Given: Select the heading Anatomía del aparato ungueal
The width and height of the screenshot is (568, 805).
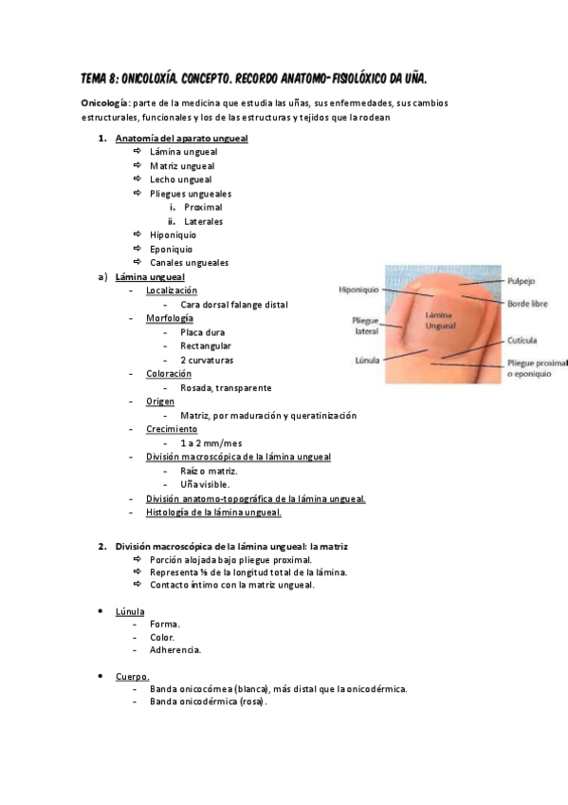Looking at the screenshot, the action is (x=181, y=139).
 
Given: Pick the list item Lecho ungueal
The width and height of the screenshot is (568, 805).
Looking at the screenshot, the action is (x=181, y=179).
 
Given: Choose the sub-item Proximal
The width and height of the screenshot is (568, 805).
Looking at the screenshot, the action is (x=204, y=207).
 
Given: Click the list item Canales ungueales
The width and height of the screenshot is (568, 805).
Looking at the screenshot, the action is (x=189, y=262).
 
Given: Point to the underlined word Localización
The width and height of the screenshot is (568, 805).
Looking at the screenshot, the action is (x=172, y=290).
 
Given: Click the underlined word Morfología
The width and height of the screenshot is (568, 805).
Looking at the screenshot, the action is (x=170, y=318).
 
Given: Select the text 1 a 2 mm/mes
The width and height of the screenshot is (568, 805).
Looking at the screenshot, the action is (x=211, y=443).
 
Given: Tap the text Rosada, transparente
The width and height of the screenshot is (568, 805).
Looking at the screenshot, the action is (x=226, y=387).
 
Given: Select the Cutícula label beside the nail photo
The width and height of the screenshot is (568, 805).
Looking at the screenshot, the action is (x=522, y=339).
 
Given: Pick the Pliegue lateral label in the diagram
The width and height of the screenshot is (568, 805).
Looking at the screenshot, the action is (x=365, y=326).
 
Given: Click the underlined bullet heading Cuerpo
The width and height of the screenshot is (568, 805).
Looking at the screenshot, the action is (x=133, y=676).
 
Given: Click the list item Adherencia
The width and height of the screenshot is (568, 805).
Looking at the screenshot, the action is (x=175, y=650).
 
